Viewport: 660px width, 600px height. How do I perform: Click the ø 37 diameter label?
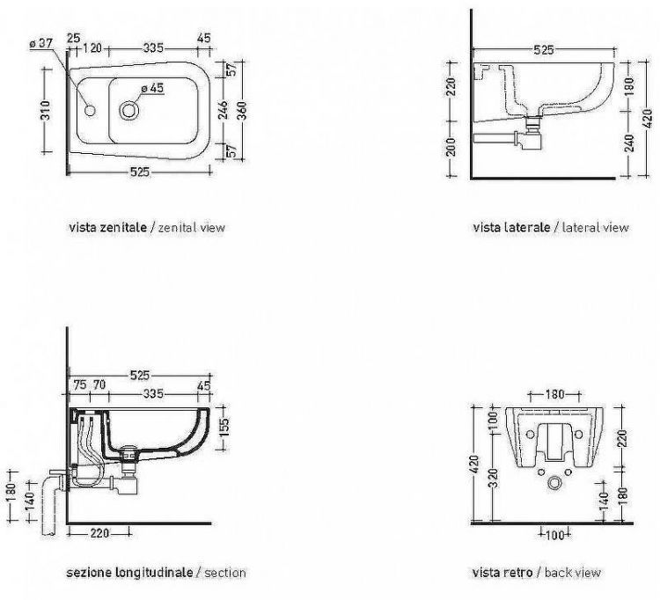[x=40, y=43]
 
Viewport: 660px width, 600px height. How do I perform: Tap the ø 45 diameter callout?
[x=152, y=88]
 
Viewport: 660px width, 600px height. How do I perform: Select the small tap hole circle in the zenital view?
[x=90, y=111]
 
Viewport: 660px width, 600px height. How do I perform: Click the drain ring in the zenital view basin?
[x=128, y=110]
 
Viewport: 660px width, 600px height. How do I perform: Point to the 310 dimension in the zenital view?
[x=46, y=110]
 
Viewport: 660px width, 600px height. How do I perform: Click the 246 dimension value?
[x=224, y=110]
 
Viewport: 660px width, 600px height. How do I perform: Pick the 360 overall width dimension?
[x=242, y=111]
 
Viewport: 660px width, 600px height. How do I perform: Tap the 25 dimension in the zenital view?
[x=73, y=38]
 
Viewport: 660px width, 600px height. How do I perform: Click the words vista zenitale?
[x=107, y=228]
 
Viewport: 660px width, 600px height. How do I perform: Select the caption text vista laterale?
[x=511, y=228]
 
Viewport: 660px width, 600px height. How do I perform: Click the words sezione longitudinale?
[x=129, y=573]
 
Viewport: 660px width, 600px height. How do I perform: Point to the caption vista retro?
[x=502, y=573]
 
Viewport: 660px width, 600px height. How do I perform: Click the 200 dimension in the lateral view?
[x=451, y=147]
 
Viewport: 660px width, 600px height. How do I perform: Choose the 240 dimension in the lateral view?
[x=629, y=143]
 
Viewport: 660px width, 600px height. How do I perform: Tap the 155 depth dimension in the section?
[x=224, y=427]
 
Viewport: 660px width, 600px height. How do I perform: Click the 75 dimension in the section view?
[x=80, y=384]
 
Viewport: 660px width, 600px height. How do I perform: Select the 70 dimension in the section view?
[x=99, y=384]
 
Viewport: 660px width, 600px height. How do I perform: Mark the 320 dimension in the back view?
[x=495, y=478]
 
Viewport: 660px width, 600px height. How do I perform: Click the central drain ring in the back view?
[x=554, y=483]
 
